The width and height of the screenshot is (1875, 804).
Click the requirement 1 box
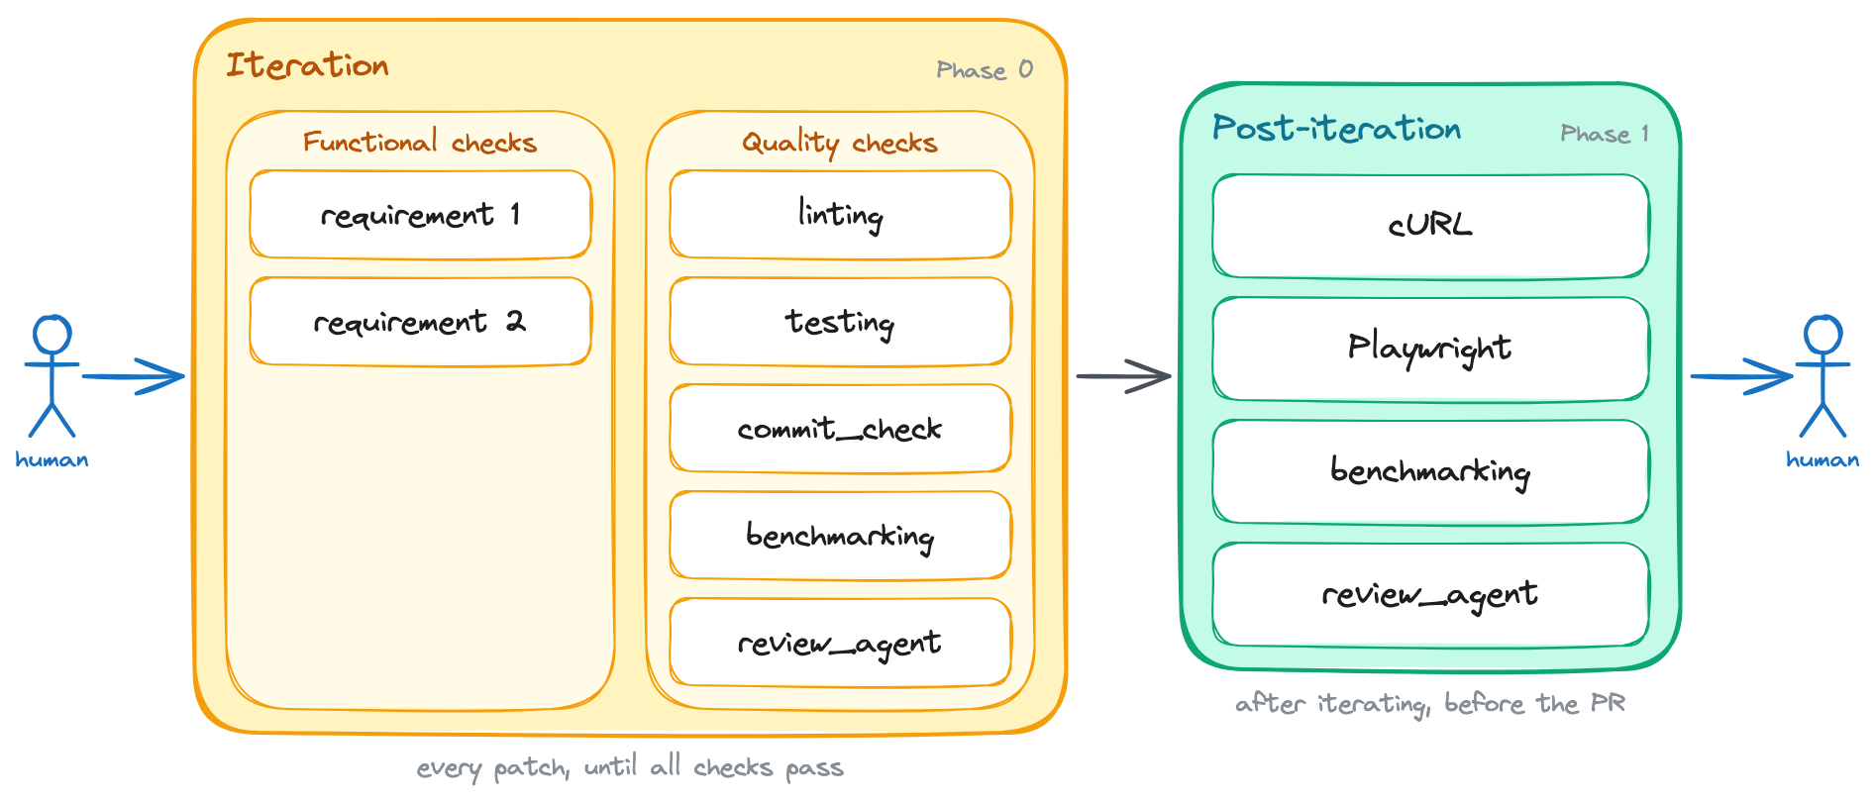[x=420, y=215]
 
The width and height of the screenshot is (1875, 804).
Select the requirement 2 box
[x=420, y=322]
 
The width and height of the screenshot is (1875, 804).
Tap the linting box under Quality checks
[x=840, y=215]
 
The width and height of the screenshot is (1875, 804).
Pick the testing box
[x=840, y=322]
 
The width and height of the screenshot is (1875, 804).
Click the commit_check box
[x=840, y=429]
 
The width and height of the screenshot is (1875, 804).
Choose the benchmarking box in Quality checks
[x=840, y=536]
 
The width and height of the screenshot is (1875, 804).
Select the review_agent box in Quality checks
[x=840, y=643]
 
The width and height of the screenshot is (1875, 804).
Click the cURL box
[x=1430, y=226]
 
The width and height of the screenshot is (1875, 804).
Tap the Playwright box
[x=1430, y=349]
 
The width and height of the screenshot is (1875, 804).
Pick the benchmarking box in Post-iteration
[x=1430, y=471]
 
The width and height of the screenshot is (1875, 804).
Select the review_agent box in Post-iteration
[x=1430, y=594]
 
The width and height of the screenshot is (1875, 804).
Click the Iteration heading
[x=307, y=65]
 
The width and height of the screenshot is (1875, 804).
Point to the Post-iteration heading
[x=1336, y=129]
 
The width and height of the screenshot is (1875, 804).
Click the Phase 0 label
[x=985, y=70]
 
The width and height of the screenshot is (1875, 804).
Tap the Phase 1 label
[x=1605, y=134]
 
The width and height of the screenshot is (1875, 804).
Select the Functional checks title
[x=420, y=143]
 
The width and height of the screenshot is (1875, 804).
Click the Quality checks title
[x=840, y=144]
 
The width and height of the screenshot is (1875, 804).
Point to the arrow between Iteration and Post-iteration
[x=1124, y=376]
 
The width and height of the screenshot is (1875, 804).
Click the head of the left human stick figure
[x=52, y=334]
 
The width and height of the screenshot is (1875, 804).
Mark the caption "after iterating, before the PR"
[x=1430, y=704]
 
